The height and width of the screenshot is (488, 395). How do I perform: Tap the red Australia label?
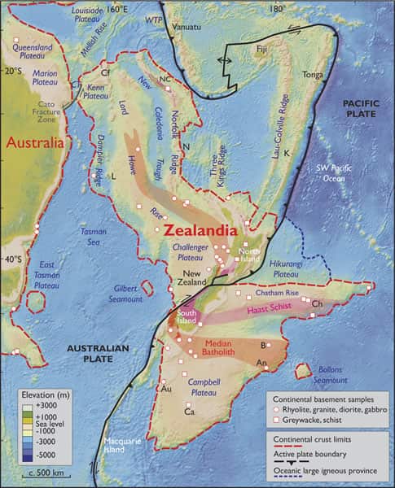[35, 143]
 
